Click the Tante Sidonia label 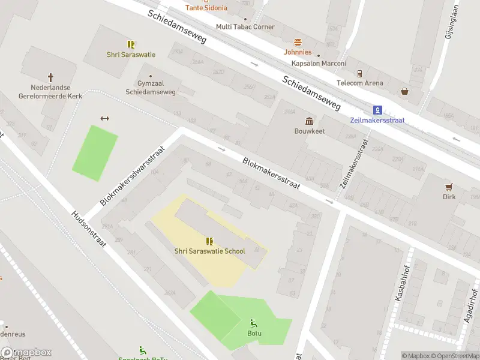[206, 8]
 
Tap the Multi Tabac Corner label [245, 27]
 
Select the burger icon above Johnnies [298, 42]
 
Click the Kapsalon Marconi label [319, 64]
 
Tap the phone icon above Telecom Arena [359, 74]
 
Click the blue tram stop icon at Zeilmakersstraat [377, 110]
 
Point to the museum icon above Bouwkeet [309, 121]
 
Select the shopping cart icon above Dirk [449, 187]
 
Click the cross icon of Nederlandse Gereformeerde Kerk [50, 77]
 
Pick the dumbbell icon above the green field [104, 118]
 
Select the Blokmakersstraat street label [271, 174]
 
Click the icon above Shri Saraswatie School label [209, 241]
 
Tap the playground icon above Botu [254, 323]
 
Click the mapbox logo [26, 353]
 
